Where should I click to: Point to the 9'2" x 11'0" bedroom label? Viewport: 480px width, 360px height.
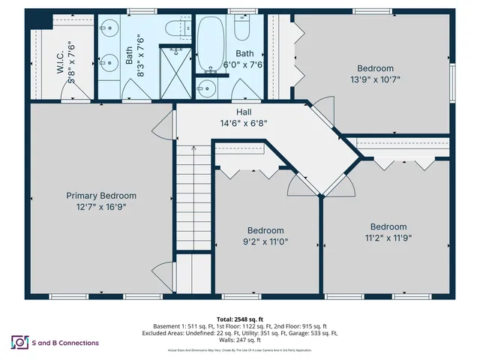click(x=265, y=236)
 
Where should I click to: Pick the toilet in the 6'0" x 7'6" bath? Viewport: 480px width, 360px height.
click(x=242, y=28)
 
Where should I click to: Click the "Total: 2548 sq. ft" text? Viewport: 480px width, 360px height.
click(x=240, y=318)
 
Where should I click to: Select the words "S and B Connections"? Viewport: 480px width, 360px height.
click(x=65, y=343)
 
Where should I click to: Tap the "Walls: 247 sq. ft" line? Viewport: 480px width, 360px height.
click(x=240, y=340)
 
